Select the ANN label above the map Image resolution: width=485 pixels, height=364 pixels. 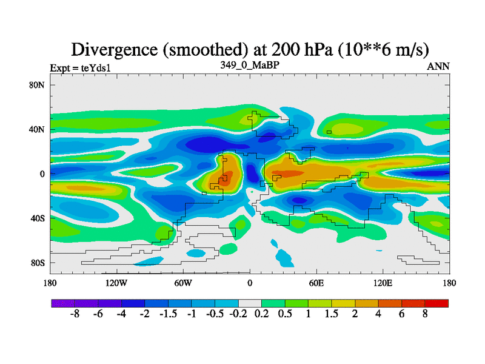438,66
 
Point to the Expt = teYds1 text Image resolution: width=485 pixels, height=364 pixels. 80,68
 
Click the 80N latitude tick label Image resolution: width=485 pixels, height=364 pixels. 38,85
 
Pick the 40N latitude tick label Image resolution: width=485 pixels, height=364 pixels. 38,129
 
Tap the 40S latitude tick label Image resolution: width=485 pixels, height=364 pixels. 38,218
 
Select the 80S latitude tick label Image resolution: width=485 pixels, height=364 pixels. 38,263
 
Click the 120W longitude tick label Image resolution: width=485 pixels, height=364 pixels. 116,283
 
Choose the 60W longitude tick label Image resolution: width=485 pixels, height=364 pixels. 183,283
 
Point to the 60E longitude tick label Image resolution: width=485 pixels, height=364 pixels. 316,283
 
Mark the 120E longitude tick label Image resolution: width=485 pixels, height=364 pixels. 383,283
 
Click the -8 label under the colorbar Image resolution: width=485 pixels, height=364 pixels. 75,315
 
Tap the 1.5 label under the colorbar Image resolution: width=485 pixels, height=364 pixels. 332,315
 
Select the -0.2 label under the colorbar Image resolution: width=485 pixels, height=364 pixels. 238,315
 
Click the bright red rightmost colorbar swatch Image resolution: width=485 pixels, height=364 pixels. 437,303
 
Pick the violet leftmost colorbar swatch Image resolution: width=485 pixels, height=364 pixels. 63,303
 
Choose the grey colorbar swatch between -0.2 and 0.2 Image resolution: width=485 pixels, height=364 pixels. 250,303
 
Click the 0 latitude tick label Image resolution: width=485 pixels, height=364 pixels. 42,174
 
